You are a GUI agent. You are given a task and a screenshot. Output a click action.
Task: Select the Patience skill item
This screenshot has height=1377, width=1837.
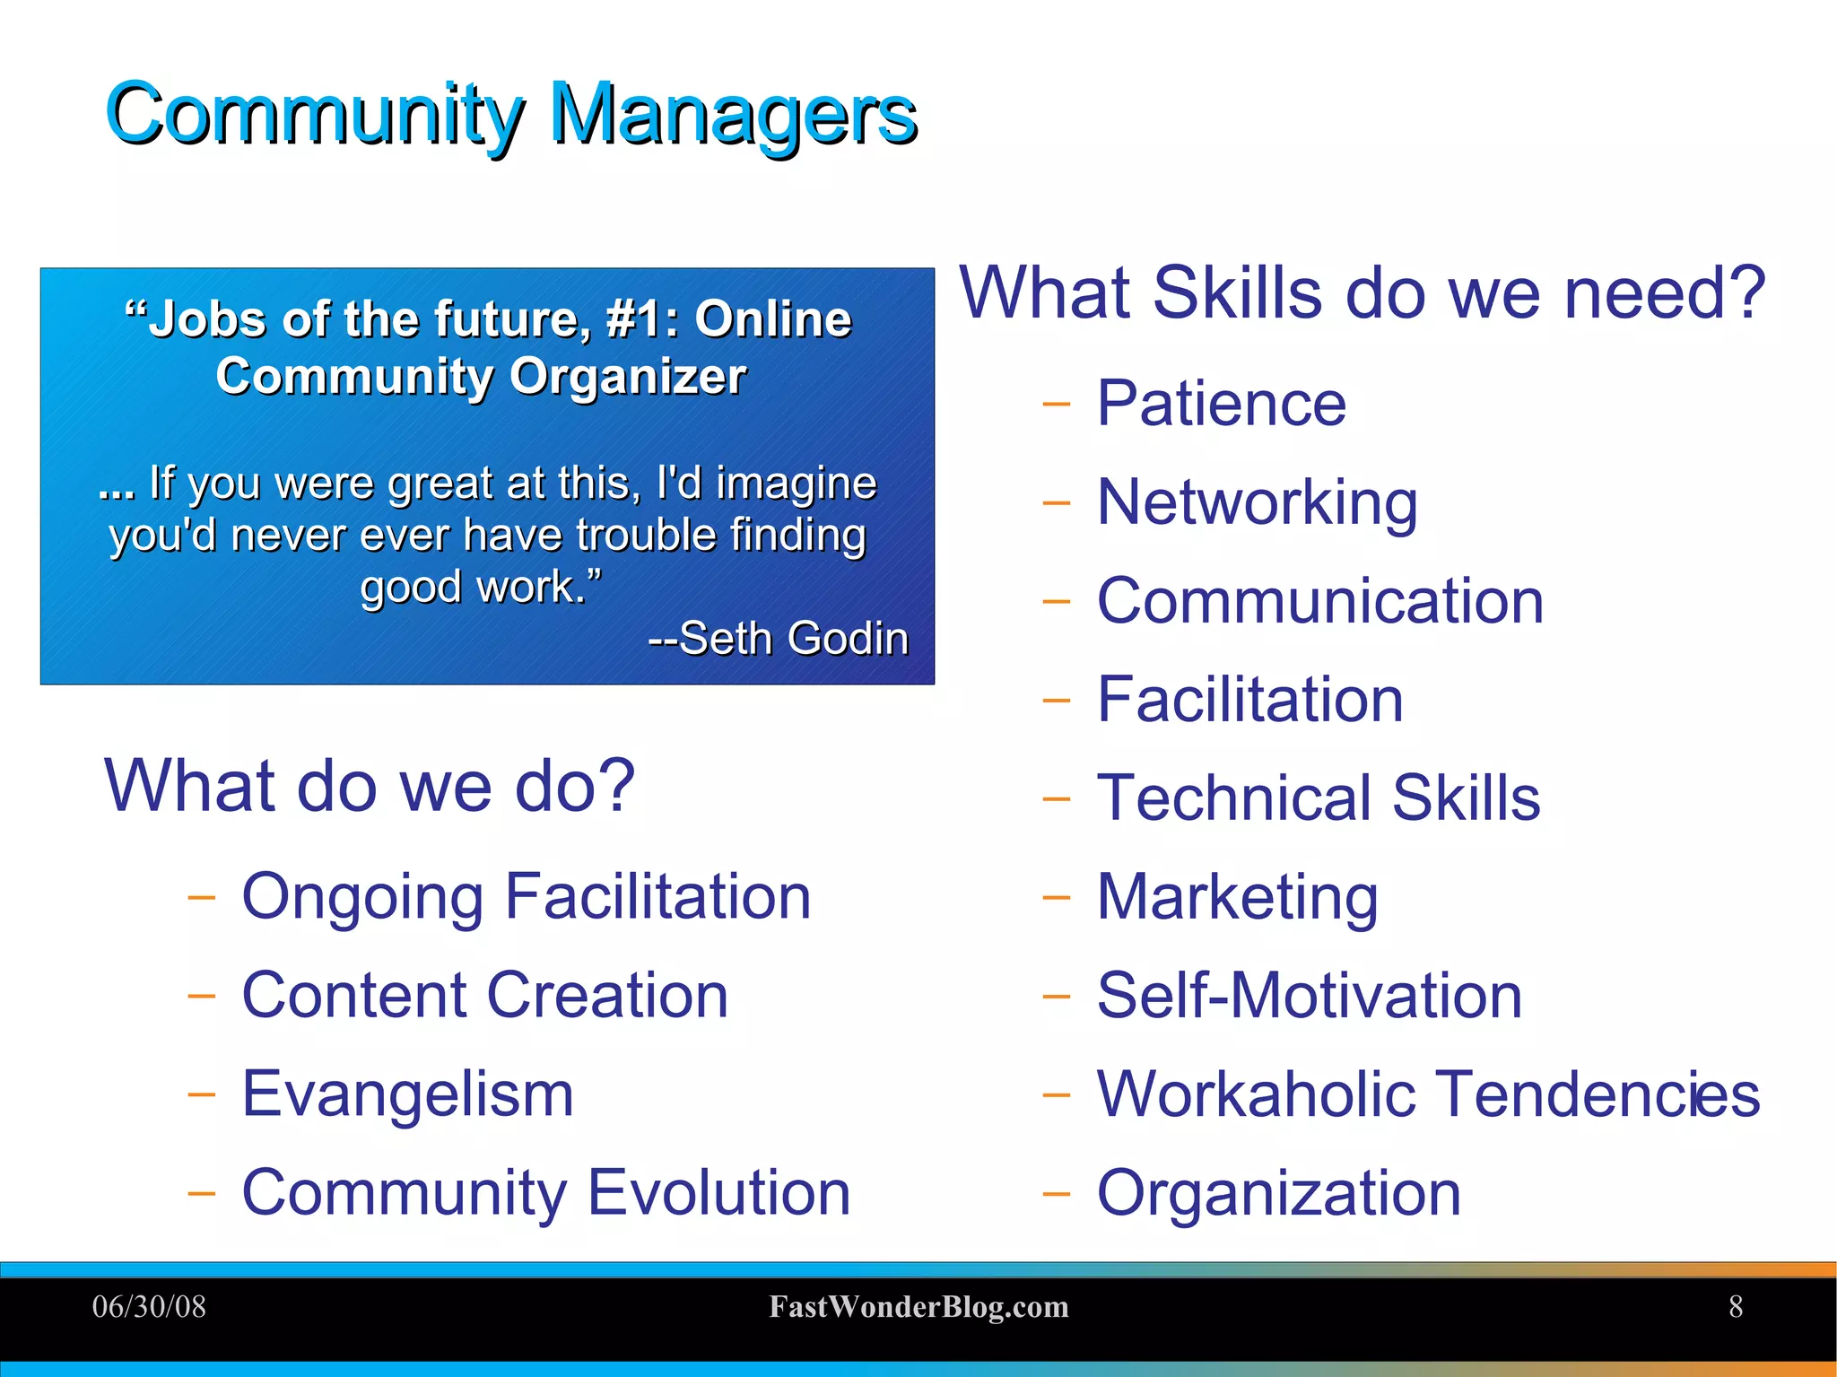click(1221, 404)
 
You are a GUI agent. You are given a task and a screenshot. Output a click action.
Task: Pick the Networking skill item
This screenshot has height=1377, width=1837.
click(1257, 502)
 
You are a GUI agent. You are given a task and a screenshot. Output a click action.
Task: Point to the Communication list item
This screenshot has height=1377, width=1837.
click(1319, 601)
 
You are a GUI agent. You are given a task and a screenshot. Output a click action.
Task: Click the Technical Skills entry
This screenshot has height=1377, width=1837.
click(1318, 797)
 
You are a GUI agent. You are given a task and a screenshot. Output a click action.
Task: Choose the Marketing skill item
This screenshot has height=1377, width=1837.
click(1237, 896)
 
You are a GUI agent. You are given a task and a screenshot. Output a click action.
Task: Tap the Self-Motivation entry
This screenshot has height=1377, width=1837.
click(1309, 995)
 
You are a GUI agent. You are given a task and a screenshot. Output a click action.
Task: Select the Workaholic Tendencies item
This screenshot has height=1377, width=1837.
click(1428, 1094)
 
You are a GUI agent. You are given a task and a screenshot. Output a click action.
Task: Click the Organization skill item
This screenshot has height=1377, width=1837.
click(1278, 1192)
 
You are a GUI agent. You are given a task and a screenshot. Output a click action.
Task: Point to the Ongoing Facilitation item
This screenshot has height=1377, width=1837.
click(527, 896)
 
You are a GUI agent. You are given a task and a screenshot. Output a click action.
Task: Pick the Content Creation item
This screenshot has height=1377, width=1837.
click(484, 995)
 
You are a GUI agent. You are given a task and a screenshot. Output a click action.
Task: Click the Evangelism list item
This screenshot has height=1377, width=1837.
click(407, 1094)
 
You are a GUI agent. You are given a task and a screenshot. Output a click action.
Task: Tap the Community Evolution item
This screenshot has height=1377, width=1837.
click(545, 1192)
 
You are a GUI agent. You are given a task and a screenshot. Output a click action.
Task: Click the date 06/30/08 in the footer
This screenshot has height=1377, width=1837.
click(149, 1307)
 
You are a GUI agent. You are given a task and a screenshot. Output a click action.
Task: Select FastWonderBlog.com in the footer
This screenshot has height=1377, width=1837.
click(918, 1307)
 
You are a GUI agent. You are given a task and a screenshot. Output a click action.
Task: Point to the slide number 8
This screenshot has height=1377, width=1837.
click(1736, 1307)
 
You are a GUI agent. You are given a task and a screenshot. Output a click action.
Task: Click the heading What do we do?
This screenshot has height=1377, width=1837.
click(370, 786)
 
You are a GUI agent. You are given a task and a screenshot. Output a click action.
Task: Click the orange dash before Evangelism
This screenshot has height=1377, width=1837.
click(202, 1094)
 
